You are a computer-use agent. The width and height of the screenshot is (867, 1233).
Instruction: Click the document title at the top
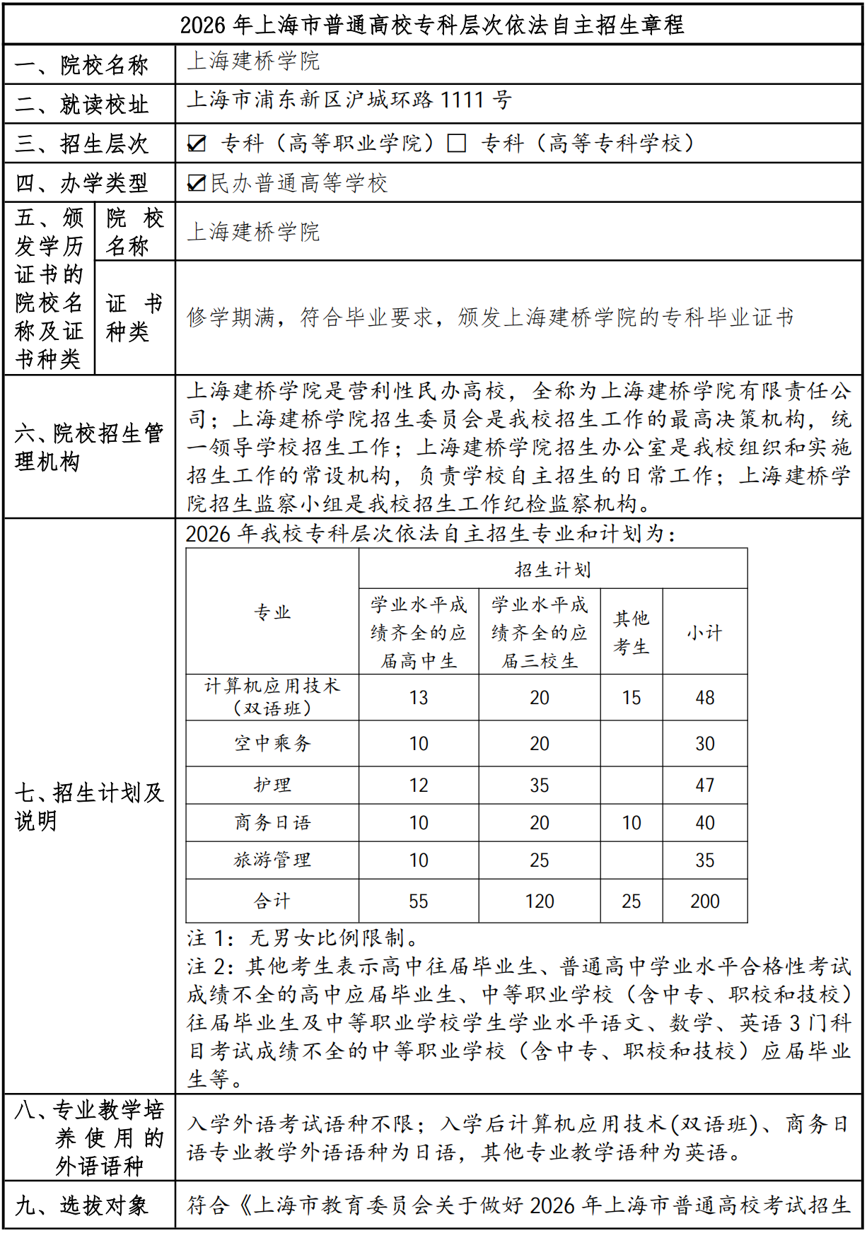(432, 25)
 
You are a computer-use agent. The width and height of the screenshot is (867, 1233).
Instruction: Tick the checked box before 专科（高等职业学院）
(197, 144)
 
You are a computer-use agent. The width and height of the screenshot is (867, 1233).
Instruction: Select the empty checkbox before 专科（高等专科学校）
(457, 144)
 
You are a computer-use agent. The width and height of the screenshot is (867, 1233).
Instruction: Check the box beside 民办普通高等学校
(197, 183)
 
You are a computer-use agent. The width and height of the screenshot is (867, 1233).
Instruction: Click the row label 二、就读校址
(82, 105)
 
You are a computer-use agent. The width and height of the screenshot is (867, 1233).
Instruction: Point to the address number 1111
(463, 100)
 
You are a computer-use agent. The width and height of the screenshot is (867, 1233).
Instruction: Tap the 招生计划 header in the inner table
(552, 569)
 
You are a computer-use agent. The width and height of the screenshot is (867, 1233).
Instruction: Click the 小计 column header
(704, 632)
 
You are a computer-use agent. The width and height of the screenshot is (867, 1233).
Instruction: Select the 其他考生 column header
(631, 632)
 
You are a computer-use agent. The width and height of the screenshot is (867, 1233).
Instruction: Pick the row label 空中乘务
(272, 743)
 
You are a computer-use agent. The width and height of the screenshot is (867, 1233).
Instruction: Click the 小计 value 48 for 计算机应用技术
(704, 698)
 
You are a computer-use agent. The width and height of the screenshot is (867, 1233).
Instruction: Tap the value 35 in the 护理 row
(539, 785)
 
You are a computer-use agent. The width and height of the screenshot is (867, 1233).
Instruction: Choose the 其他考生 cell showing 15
(631, 698)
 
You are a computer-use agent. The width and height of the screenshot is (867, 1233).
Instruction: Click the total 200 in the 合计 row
(704, 901)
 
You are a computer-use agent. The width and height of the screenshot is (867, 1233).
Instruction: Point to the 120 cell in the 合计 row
(539, 901)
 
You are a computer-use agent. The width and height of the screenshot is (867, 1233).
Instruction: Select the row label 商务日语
(272, 823)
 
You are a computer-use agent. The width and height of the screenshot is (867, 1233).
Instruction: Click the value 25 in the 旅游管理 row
(539, 860)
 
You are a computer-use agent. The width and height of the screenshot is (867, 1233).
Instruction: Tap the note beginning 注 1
(303, 938)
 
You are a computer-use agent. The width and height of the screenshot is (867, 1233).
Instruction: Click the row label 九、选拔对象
(82, 1205)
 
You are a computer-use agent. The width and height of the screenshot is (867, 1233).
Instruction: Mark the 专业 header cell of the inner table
(272, 612)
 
